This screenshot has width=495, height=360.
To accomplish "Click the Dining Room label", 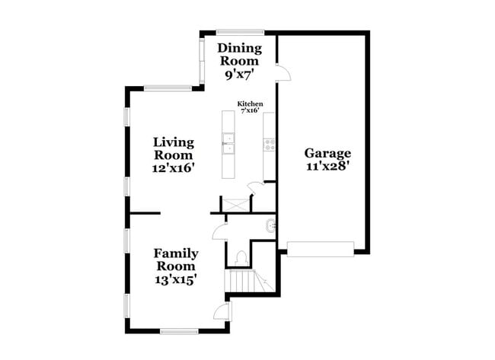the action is [240, 54].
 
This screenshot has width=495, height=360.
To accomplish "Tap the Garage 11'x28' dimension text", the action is [327, 166].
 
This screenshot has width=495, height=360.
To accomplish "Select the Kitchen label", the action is [250, 104].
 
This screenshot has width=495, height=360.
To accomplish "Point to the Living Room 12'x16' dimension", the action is [173, 168].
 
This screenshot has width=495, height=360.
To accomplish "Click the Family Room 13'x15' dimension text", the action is [176, 279].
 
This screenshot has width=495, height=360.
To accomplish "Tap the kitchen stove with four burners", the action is [270, 145].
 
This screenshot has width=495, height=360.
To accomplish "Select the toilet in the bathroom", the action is [241, 258].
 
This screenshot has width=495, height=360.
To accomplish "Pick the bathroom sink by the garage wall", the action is [271, 226].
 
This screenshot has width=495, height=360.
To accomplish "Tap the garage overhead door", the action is [320, 249].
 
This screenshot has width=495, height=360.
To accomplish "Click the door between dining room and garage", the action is [283, 73].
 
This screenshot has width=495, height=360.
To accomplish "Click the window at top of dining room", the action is [240, 32].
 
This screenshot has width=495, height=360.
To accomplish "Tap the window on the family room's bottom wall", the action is [179, 331].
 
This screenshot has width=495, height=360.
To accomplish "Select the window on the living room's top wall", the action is [168, 88].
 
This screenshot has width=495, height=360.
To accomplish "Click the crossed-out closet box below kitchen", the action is [236, 205].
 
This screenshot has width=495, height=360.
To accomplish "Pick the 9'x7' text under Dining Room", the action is [239, 75].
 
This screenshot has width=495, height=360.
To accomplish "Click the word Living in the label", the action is [174, 142].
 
